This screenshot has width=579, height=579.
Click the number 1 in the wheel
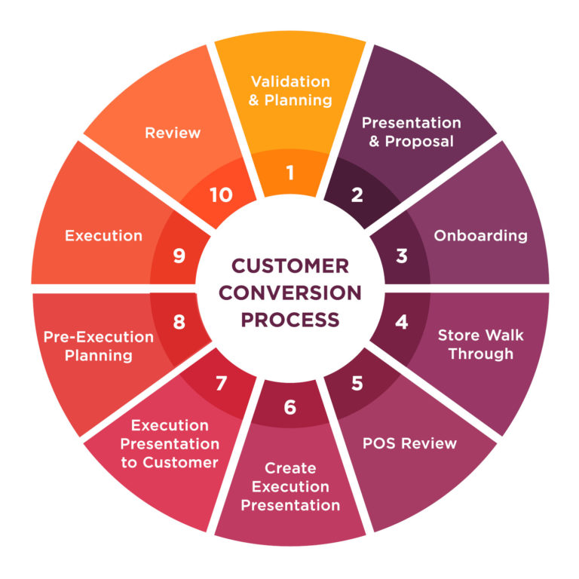(x=289, y=173)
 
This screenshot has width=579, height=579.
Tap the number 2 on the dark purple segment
(x=357, y=195)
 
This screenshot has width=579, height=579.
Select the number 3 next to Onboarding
(x=401, y=256)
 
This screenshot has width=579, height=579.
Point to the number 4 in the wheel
(x=401, y=321)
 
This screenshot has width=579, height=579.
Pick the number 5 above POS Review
(x=357, y=382)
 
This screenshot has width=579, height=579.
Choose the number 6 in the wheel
(x=290, y=407)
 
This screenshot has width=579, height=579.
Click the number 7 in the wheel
(x=221, y=383)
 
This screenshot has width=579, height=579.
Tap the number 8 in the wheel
(x=179, y=322)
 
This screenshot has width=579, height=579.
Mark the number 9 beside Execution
(x=179, y=256)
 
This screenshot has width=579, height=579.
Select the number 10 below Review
(x=221, y=195)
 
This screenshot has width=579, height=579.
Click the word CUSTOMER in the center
(x=290, y=266)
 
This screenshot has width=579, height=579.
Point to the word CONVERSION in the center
(x=290, y=293)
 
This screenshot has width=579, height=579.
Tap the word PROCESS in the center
(x=290, y=319)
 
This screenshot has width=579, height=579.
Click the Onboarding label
(x=480, y=235)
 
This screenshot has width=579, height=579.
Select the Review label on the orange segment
(x=173, y=133)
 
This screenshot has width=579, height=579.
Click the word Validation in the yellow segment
(x=290, y=81)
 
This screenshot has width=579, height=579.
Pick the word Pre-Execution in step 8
(x=98, y=336)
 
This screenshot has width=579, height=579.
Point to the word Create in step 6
(x=290, y=468)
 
